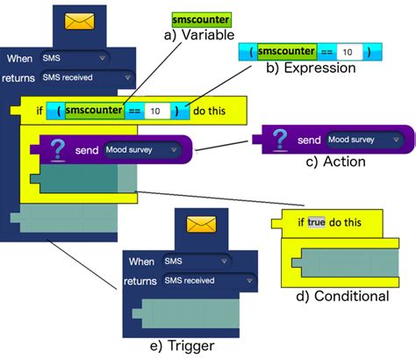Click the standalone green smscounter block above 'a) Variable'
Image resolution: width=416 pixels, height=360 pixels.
click(x=201, y=18)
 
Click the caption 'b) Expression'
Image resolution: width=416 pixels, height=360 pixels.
click(x=309, y=68)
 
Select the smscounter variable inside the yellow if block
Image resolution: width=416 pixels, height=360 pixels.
click(x=93, y=112)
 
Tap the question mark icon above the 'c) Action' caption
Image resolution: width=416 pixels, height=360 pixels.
click(x=281, y=140)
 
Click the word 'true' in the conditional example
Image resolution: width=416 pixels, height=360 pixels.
click(x=316, y=222)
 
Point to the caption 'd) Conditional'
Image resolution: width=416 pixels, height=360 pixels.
click(x=342, y=296)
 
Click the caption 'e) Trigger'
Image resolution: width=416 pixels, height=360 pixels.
click(x=184, y=346)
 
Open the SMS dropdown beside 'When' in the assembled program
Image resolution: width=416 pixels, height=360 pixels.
click(x=74, y=59)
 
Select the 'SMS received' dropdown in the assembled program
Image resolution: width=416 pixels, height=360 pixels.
click(x=74, y=77)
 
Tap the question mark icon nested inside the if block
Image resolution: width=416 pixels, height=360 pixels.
click(x=57, y=149)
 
